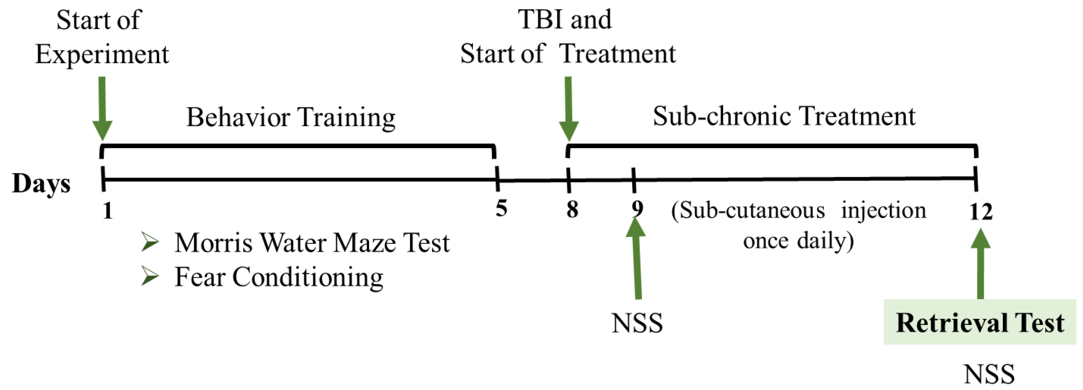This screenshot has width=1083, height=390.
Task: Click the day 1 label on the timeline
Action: (x=107, y=210)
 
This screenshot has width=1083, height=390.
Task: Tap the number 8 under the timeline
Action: (x=572, y=209)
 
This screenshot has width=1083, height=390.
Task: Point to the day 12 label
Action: (x=981, y=211)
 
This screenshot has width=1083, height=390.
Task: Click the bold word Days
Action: (x=41, y=184)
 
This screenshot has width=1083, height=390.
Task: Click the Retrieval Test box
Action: (x=980, y=322)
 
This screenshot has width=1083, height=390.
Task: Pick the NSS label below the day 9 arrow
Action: (x=637, y=323)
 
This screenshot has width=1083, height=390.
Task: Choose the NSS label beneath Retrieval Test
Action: (x=989, y=374)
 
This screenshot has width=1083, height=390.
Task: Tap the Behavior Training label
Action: (x=291, y=117)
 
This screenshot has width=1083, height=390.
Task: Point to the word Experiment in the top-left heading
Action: (x=102, y=55)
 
